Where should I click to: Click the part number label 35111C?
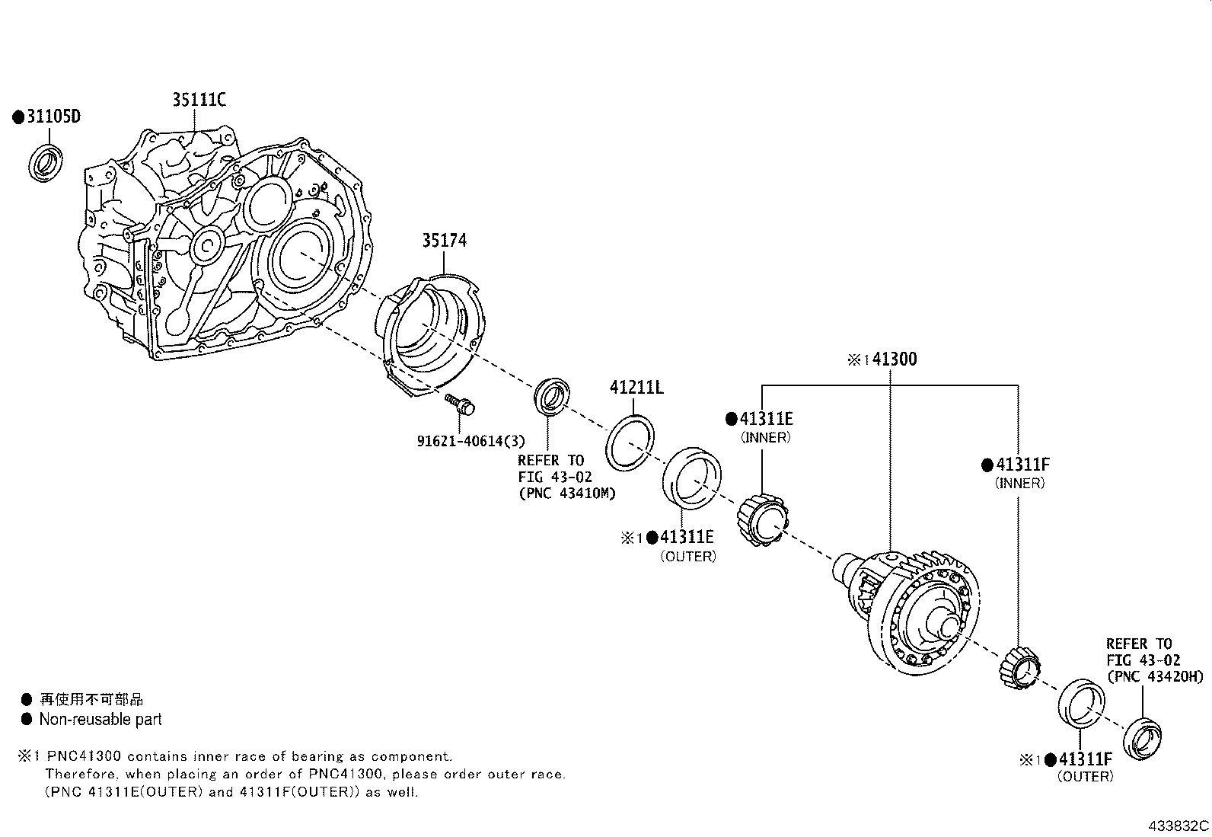pyautogui.click(x=199, y=100)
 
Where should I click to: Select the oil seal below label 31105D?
pyautogui.click(x=47, y=162)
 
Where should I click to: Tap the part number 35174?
pyautogui.click(x=445, y=241)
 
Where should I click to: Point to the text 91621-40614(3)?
pyautogui.click(x=470, y=441)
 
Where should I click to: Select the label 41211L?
pyautogui.click(x=636, y=388)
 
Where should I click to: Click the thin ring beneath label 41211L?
pyautogui.click(x=631, y=444)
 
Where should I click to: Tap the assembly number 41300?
pyautogui.click(x=894, y=359)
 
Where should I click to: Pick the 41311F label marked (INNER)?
pyautogui.click(x=1022, y=465)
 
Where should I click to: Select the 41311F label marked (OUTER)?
pyautogui.click(x=1084, y=759)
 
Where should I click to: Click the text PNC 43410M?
pyautogui.click(x=566, y=494)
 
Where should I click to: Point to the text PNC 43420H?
pyautogui.click(x=1155, y=676)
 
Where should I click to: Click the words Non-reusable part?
pyautogui.click(x=100, y=719)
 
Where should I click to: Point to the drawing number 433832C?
pyautogui.click(x=1179, y=826)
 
